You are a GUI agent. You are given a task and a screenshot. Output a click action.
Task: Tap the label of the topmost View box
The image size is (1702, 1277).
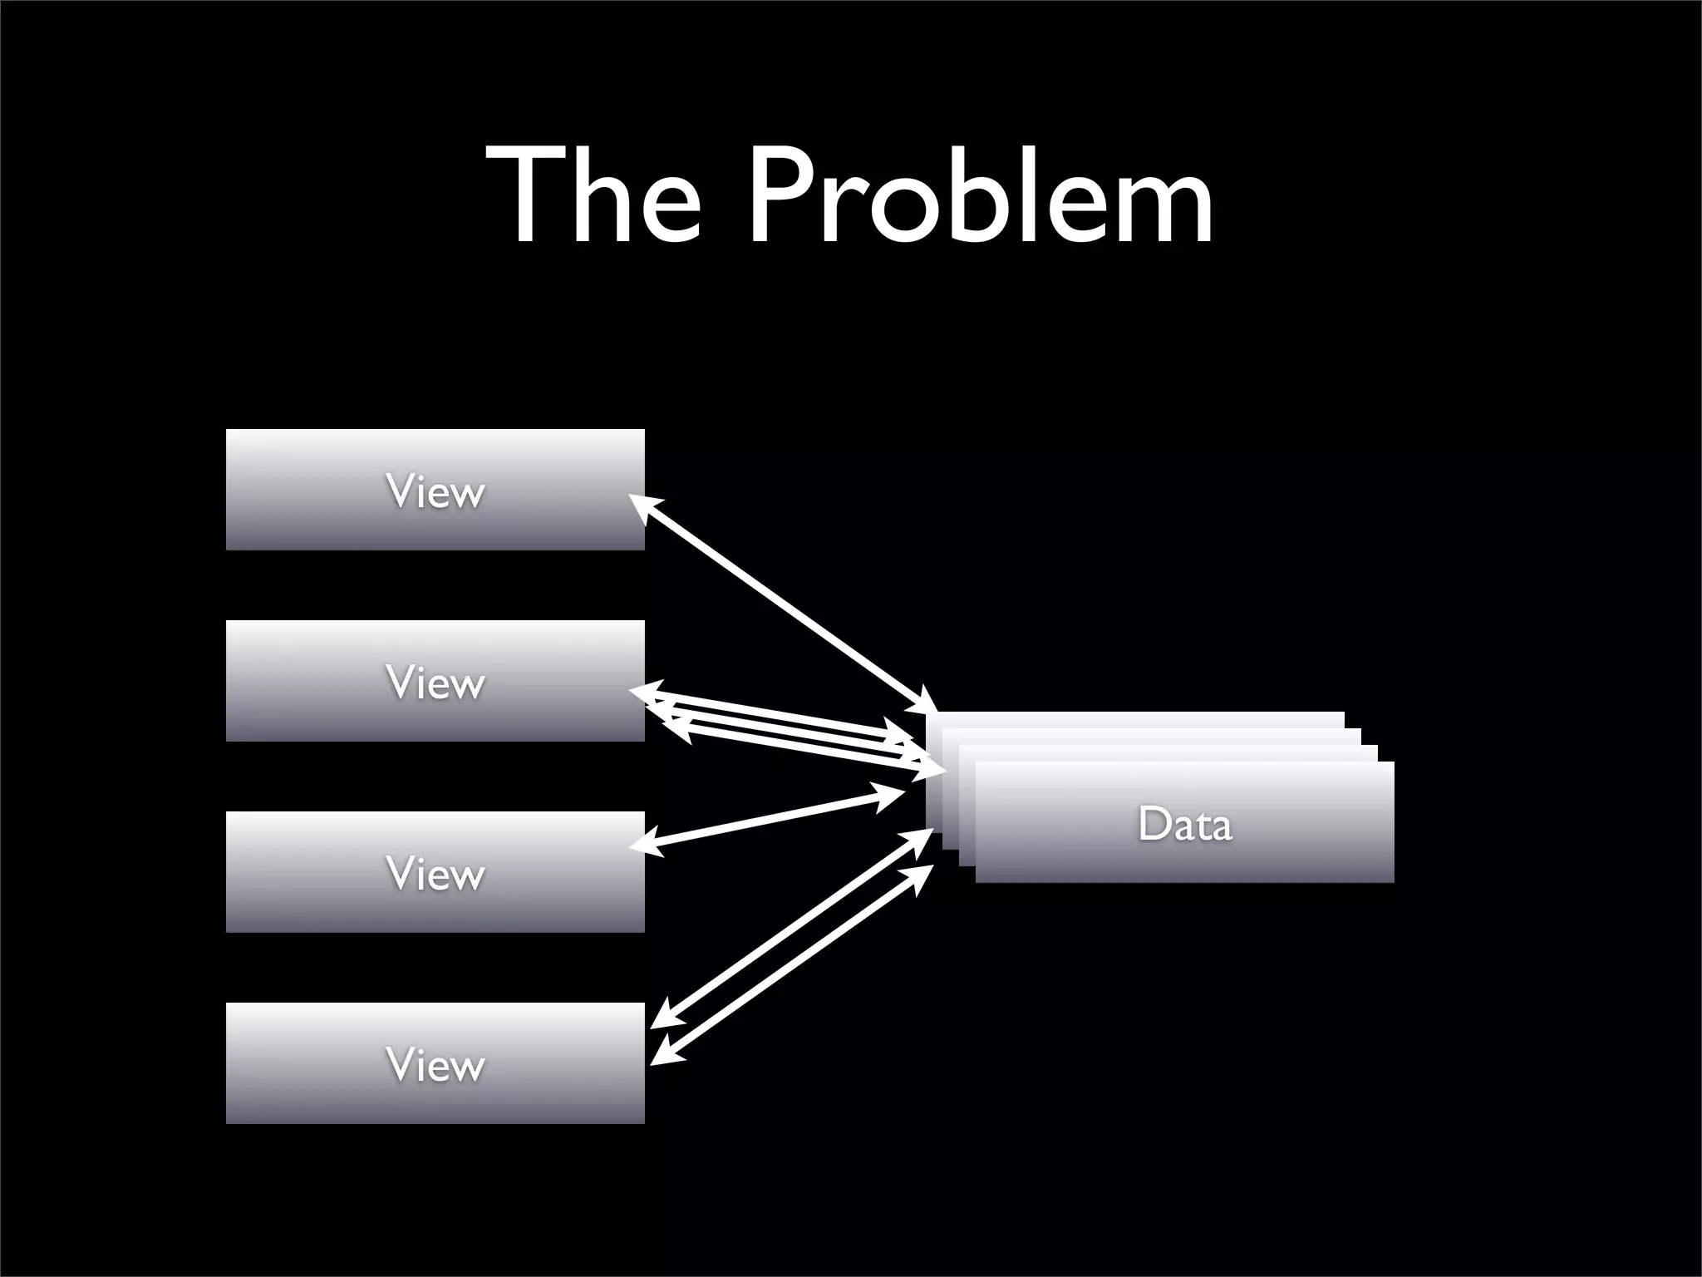(435, 491)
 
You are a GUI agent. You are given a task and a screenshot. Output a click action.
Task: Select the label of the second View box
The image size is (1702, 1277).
(435, 683)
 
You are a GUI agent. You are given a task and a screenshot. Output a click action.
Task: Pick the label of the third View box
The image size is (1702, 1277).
(435, 874)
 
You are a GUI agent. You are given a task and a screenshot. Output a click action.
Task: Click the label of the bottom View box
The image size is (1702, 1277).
(435, 1065)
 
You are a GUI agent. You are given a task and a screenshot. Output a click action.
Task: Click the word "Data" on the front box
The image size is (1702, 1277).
(1185, 824)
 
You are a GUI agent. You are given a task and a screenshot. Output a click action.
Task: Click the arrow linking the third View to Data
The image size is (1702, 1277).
(769, 819)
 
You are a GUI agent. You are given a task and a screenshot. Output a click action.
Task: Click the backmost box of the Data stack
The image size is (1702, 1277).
(1139, 719)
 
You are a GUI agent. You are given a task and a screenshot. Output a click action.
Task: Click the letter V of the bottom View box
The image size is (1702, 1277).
(398, 1065)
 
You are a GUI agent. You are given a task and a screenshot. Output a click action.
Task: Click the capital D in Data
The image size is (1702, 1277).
(1154, 824)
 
